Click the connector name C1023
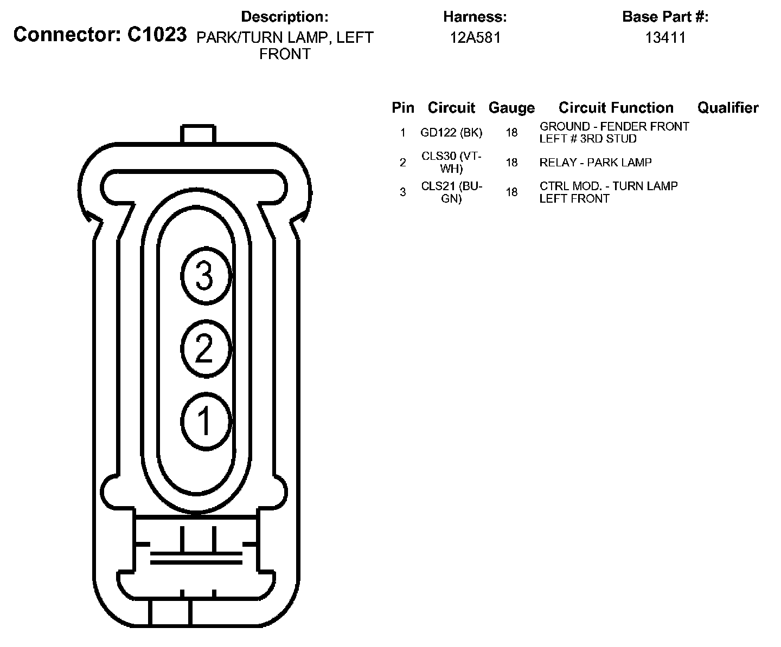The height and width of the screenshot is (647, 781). point(157,35)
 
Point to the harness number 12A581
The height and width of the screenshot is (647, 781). point(475,38)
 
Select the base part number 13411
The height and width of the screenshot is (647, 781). point(665,38)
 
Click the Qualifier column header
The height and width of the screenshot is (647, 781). point(728,108)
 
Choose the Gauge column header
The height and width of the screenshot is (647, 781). point(511,108)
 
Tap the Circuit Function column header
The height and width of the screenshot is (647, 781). point(616,108)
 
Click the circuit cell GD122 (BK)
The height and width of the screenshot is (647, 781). point(451,133)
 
